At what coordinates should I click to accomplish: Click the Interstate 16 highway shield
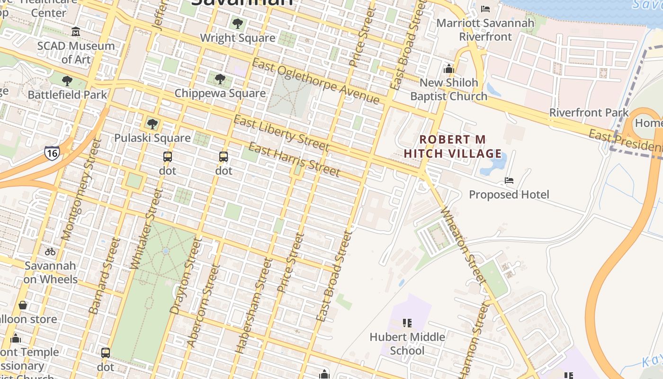52,153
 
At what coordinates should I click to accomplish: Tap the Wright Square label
237,38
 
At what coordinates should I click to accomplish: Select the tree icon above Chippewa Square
220,79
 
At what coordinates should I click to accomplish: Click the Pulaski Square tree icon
152,124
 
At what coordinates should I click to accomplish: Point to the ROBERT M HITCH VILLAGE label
453,146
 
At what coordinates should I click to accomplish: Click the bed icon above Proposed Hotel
509,180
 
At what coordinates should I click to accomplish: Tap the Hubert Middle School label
407,343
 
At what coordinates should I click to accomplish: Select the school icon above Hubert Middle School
407,323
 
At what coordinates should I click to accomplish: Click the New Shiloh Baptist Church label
448,90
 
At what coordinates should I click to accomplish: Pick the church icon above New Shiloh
448,69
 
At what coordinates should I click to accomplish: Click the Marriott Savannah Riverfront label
485,29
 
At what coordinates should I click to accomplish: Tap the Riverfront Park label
589,113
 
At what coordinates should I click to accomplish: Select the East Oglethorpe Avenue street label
316,81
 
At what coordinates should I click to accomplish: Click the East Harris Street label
294,159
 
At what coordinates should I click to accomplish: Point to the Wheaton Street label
464,246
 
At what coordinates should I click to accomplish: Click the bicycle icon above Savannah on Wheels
50,251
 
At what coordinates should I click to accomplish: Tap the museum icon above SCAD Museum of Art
76,32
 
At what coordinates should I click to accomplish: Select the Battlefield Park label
68,94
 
